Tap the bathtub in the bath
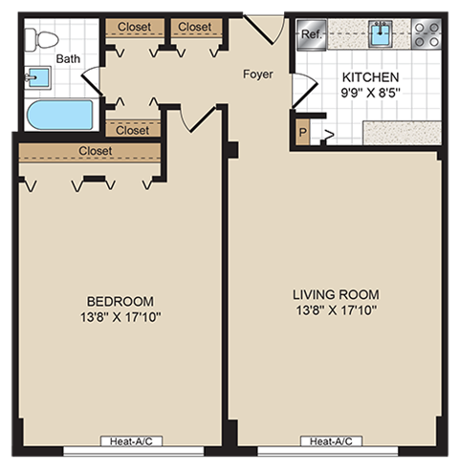coord(59,115)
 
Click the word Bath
coord(68,58)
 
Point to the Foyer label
coord(257,74)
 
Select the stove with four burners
coord(426,35)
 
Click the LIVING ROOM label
coord(336,294)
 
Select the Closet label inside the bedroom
coord(96,151)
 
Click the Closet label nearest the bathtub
coord(133,130)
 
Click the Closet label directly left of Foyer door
coord(194,27)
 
